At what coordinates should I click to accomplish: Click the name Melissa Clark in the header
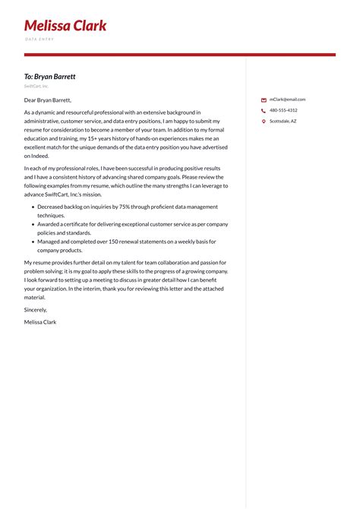pyautogui.click(x=65, y=26)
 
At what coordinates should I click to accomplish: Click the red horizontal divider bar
pyautogui.click(x=179, y=55)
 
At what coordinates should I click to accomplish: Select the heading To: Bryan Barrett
pyautogui.click(x=49, y=77)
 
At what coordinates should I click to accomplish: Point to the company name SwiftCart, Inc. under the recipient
pyautogui.click(x=36, y=87)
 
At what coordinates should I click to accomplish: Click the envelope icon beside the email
pyautogui.click(x=264, y=100)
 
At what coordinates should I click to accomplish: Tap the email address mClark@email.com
pyautogui.click(x=287, y=100)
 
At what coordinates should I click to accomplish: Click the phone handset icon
pyautogui.click(x=264, y=110)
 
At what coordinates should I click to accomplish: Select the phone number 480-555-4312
pyautogui.click(x=283, y=110)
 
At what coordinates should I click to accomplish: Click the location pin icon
pyautogui.click(x=264, y=121)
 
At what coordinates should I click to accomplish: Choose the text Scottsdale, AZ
pyautogui.click(x=283, y=121)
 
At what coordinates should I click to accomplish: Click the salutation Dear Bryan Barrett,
pyautogui.click(x=48, y=100)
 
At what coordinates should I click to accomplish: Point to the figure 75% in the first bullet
pyautogui.click(x=125, y=207)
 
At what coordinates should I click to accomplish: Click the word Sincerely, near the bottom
pyautogui.click(x=36, y=310)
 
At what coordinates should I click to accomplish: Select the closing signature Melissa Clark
pyautogui.click(x=40, y=322)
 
